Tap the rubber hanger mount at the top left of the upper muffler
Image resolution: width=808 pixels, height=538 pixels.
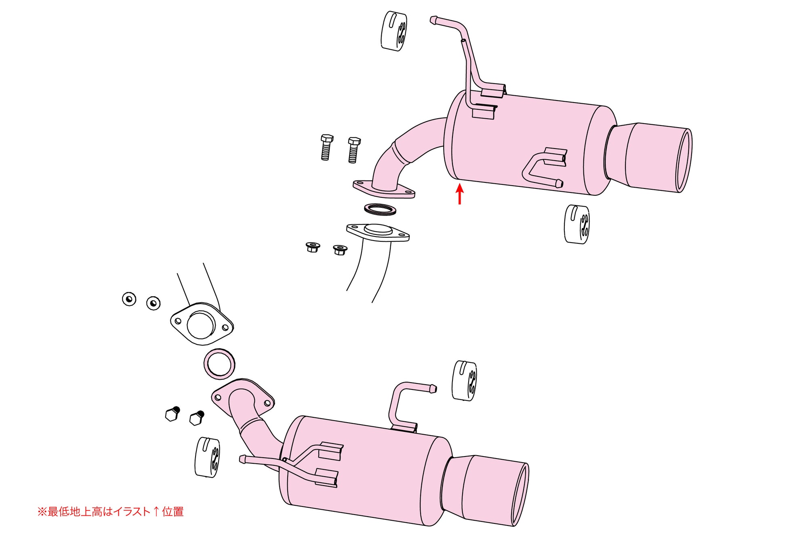tap(394, 31)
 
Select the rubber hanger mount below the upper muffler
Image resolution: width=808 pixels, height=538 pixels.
tap(577, 224)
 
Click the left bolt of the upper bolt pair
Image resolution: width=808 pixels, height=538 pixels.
tap(326, 147)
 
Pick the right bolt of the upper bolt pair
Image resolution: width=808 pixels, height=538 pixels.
tap(353, 150)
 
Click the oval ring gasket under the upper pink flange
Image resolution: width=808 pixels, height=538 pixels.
tap(380, 209)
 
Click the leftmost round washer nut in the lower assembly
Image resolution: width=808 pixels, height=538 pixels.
tap(129, 299)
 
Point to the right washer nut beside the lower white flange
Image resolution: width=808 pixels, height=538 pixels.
tap(153, 303)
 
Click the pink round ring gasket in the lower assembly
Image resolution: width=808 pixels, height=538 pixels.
tap(219, 364)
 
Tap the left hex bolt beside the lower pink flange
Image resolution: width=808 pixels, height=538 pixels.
tap(173, 414)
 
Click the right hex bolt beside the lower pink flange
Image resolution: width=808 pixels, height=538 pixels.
tap(197, 418)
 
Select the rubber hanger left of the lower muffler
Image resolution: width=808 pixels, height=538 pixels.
tap(207, 457)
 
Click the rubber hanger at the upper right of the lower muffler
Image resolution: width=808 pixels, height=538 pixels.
tap(464, 381)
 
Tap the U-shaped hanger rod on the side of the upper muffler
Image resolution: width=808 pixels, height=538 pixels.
tap(543, 167)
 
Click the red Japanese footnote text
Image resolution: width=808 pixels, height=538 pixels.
tap(110, 512)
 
